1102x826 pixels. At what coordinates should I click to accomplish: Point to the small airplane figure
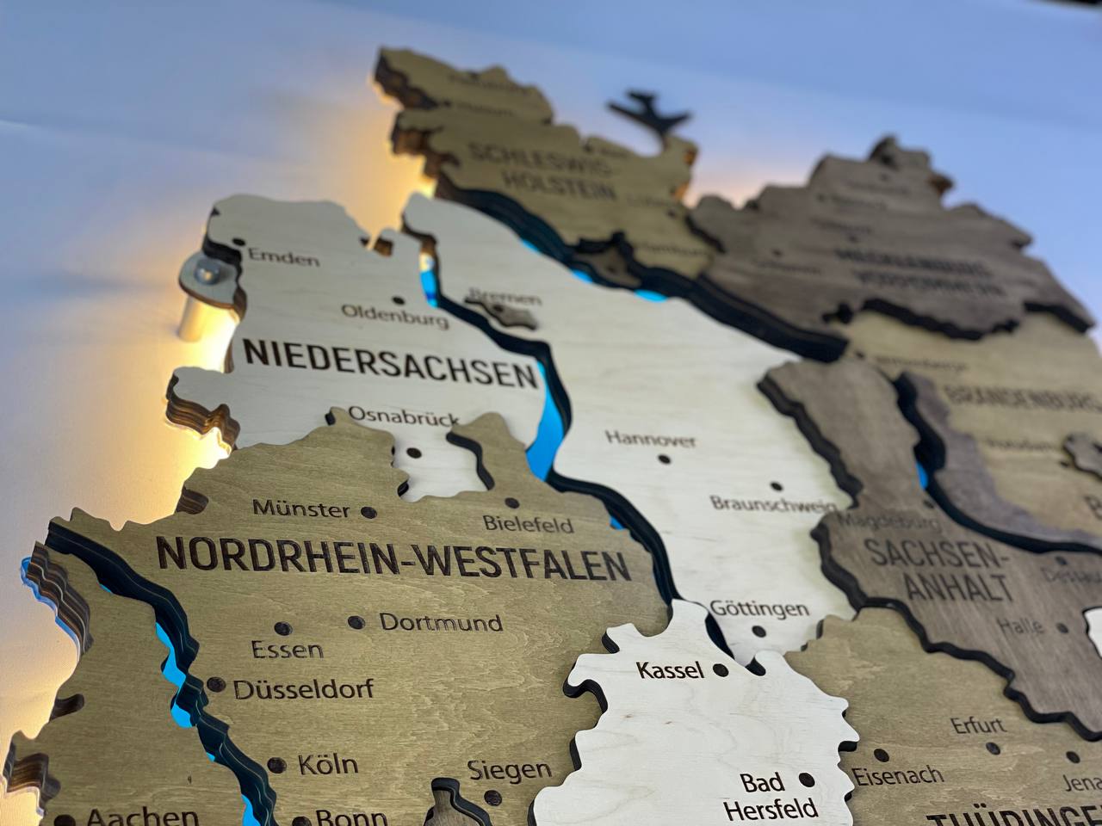coord(649,112)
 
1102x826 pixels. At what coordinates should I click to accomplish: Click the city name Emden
coord(283,256)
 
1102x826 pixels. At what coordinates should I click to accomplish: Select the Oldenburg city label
coord(395,315)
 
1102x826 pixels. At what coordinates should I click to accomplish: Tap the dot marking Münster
coord(368,512)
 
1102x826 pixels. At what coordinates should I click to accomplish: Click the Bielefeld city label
coord(529,522)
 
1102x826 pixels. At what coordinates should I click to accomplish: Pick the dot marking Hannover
coord(664,459)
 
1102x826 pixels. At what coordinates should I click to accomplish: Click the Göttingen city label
coord(759,609)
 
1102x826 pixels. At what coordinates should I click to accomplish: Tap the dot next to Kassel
coord(721,669)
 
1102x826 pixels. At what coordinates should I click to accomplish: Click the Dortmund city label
coord(441,622)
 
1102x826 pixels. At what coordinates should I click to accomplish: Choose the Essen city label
coord(288,650)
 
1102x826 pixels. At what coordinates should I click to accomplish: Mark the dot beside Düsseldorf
coord(215,685)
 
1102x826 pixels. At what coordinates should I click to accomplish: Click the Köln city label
coord(328,764)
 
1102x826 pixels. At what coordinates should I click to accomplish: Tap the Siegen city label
coord(510,770)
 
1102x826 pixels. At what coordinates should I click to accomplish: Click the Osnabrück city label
coord(404,416)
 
